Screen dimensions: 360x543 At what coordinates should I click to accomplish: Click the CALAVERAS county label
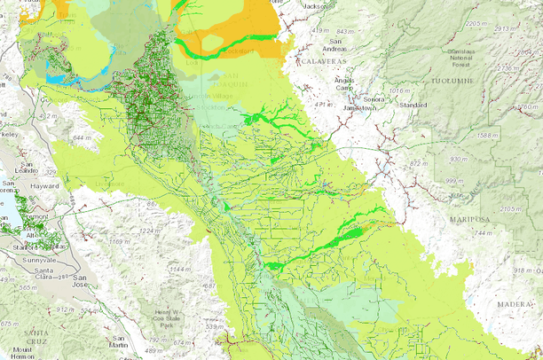[321, 61]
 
